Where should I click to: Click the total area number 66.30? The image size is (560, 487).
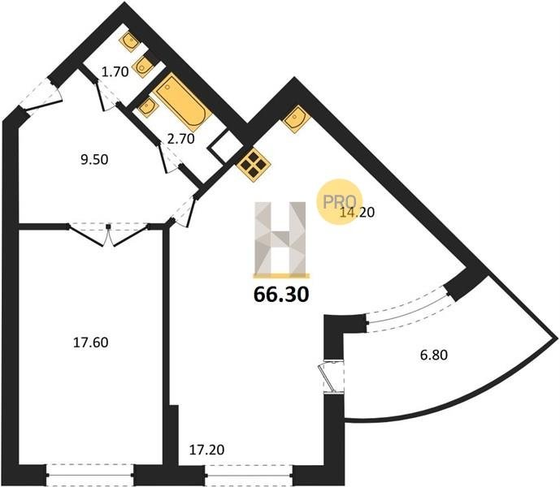[280, 295]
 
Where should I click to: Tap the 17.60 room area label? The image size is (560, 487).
[91, 343]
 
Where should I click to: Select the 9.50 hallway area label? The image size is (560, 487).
[94, 159]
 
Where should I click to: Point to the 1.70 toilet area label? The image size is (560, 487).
[115, 72]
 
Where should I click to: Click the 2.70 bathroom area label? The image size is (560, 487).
[181, 139]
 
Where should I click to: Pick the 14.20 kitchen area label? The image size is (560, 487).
[357, 213]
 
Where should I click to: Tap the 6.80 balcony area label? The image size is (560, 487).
[433, 356]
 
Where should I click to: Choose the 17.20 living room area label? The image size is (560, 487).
[206, 450]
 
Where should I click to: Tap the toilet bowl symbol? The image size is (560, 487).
[143, 67]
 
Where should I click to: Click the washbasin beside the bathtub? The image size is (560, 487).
[147, 106]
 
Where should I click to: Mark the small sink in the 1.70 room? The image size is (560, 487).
[130, 41]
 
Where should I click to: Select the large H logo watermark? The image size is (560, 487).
[280, 239]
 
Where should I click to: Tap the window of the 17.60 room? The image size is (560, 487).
[90, 475]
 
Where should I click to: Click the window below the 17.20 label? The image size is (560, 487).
[249, 475]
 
